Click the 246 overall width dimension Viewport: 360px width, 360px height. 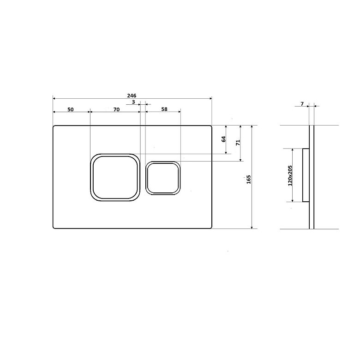tap(132, 96)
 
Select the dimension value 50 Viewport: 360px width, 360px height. tap(71, 109)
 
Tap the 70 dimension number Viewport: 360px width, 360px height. tap(116, 109)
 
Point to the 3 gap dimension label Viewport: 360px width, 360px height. tap(134, 102)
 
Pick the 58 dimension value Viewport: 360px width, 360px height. tap(164, 109)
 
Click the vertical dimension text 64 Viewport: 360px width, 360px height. tap(224, 139)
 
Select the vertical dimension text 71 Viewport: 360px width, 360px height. tap(238, 142)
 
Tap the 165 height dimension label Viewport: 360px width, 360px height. tap(249, 180)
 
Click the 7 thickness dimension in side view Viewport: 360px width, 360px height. tap(302, 104)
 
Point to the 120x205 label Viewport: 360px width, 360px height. tap(290, 175)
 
